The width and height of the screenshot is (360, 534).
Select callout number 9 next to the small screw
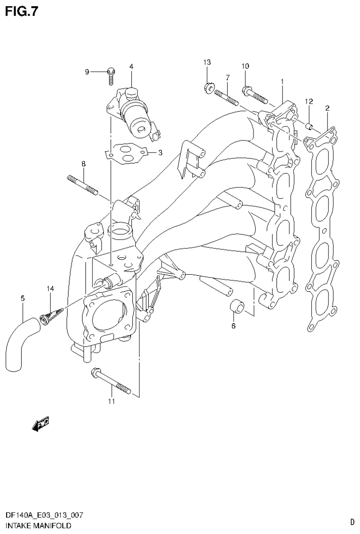click(87, 72)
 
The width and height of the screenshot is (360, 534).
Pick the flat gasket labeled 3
click(126, 154)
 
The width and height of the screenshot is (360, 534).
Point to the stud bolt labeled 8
click(83, 185)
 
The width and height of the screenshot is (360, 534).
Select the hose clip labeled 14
click(50, 314)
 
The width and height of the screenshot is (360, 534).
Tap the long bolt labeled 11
click(111, 380)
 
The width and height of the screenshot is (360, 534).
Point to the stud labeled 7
click(227, 98)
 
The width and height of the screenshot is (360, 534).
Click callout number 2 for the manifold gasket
click(327, 108)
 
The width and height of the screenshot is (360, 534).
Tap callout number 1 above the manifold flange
click(282, 82)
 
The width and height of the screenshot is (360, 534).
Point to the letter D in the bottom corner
click(352, 521)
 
